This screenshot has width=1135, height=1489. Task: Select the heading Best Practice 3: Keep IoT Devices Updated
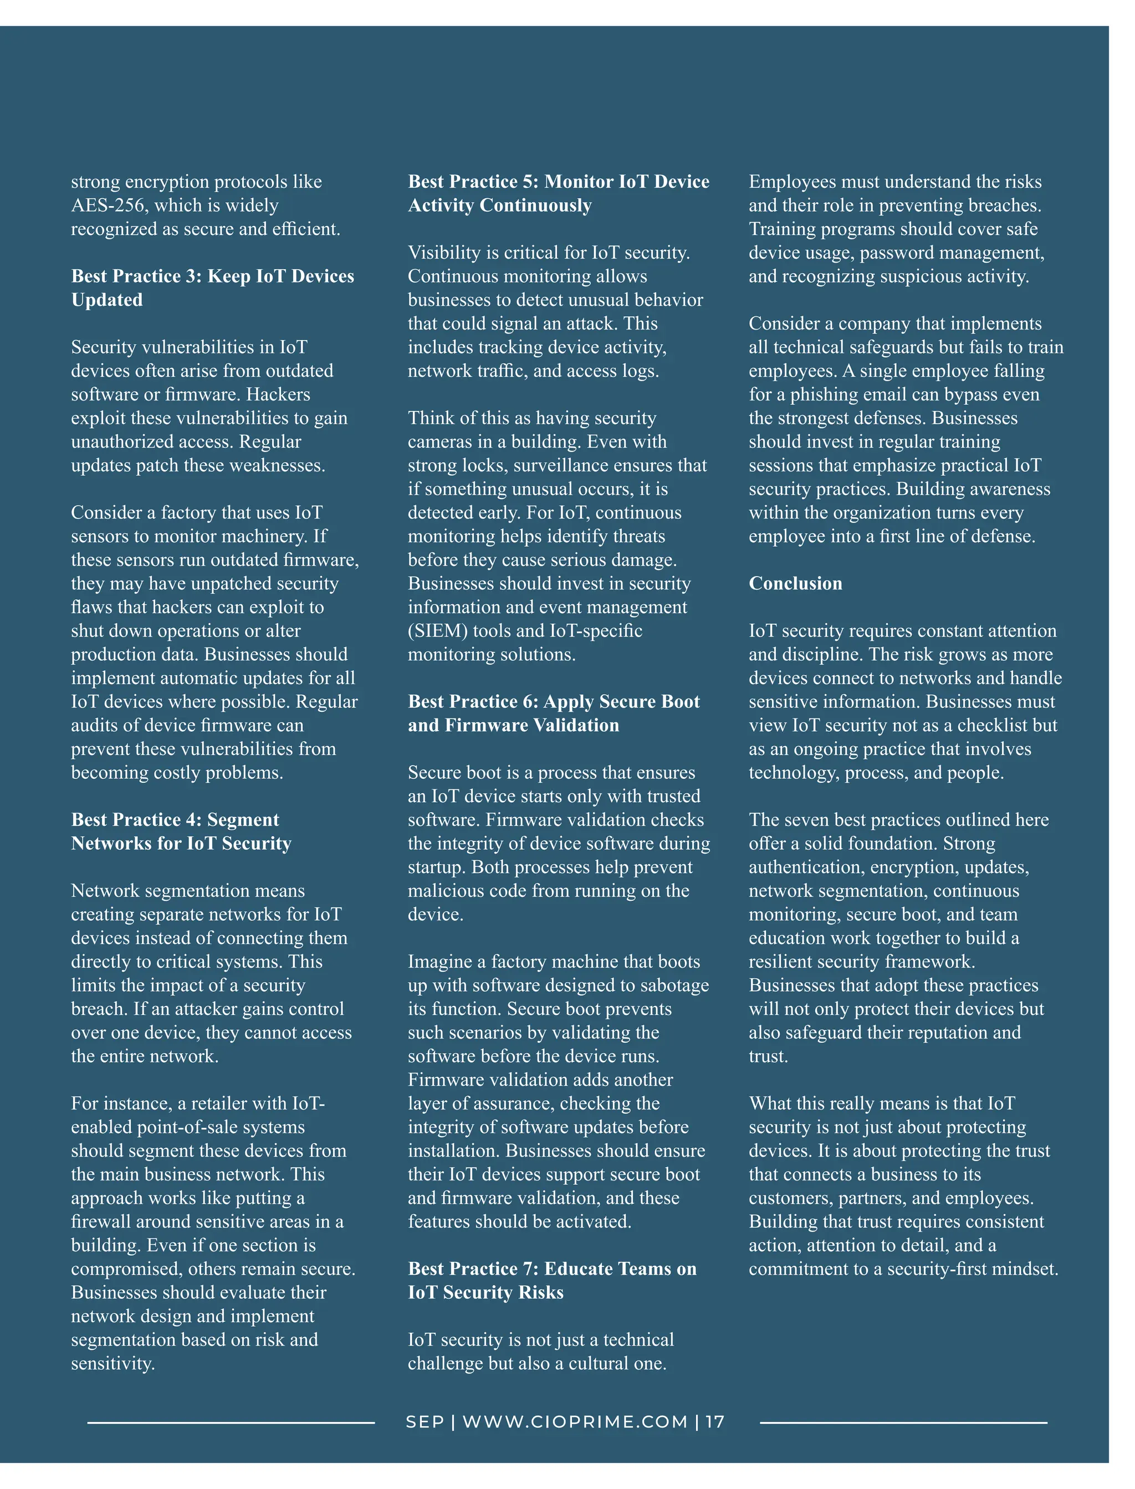[212, 287]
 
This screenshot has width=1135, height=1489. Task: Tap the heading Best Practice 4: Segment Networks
[181, 831]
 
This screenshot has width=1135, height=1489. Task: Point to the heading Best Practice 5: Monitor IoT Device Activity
[558, 193]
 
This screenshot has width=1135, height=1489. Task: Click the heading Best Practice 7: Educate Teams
[551, 1280]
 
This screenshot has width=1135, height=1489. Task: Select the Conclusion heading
[795, 583]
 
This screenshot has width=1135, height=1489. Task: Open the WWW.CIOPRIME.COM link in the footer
[575, 1422]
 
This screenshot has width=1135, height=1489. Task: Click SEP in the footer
[425, 1422]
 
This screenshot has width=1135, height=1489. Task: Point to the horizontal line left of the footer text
[231, 1423]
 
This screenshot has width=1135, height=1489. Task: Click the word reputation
[941, 1033]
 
